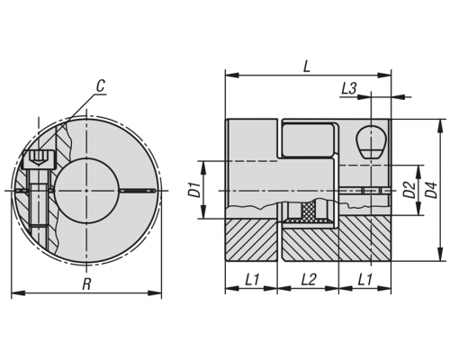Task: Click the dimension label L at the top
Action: (x=306, y=67)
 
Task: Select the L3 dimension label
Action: (x=349, y=88)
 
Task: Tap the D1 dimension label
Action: (x=194, y=190)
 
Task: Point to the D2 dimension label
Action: (x=409, y=190)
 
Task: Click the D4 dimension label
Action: (x=431, y=190)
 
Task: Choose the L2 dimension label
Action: (x=309, y=280)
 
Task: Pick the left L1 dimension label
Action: (x=252, y=280)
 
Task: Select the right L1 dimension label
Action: (x=364, y=280)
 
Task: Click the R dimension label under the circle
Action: (x=86, y=284)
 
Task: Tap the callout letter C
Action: (x=101, y=86)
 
